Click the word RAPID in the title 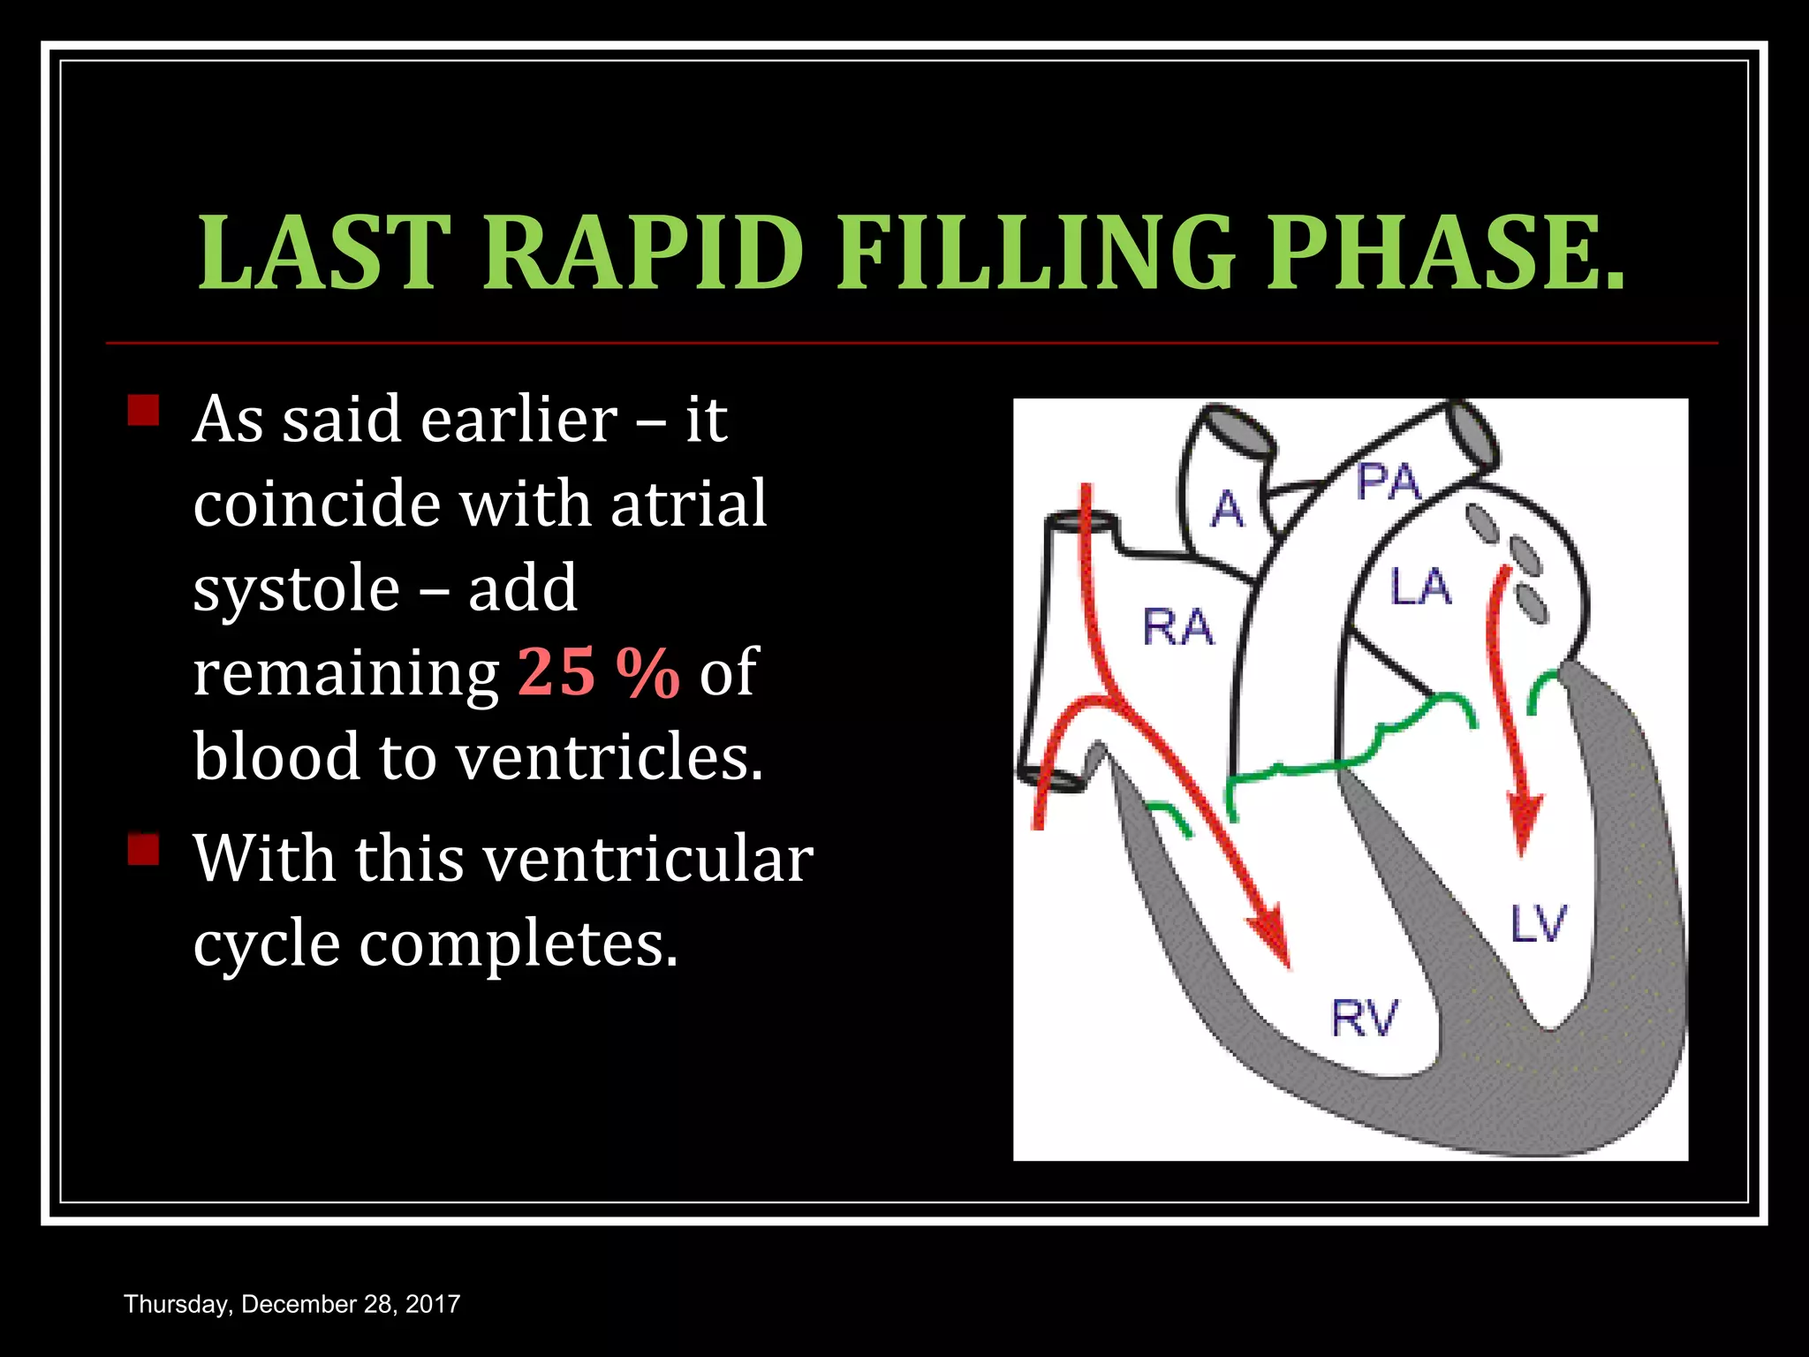[643, 253]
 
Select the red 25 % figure [598, 672]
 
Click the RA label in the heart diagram [1178, 627]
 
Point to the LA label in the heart [1420, 588]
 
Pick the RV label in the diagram [1364, 1018]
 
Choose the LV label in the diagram [1538, 924]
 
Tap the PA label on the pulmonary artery [1388, 482]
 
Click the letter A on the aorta [1228, 510]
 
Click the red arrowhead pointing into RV [1272, 941]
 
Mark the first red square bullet [143, 411]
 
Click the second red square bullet [143, 849]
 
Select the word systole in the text [296, 588]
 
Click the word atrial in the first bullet [688, 504]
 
